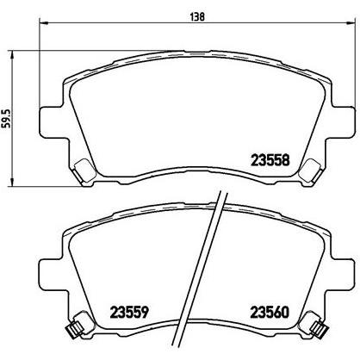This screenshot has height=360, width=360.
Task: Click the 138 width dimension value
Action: click(197, 17)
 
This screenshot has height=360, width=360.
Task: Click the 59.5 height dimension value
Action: click(7, 118)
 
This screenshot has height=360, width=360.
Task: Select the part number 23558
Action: click(270, 160)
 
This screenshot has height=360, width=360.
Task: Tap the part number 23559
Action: click(129, 312)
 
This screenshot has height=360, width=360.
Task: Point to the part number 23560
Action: click(270, 312)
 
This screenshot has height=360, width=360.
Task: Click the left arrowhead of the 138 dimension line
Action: click(43, 22)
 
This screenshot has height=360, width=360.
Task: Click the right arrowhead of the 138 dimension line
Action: click(351, 22)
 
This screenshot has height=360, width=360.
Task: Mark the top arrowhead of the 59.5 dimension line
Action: click(12, 54)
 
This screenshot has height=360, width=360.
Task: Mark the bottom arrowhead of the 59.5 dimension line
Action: click(12, 182)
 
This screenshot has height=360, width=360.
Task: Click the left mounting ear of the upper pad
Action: click(51, 121)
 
